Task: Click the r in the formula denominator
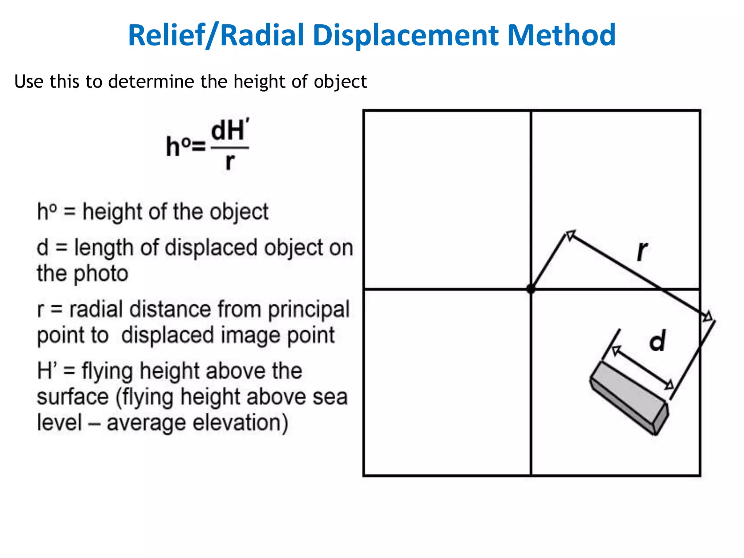point(230,162)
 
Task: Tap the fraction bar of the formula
point(230,148)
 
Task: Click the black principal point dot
point(531,289)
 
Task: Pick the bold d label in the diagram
point(657,341)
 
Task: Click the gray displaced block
point(629,396)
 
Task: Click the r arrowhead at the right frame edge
point(707,317)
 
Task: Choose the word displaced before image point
point(167,335)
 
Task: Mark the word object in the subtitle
point(340,81)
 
